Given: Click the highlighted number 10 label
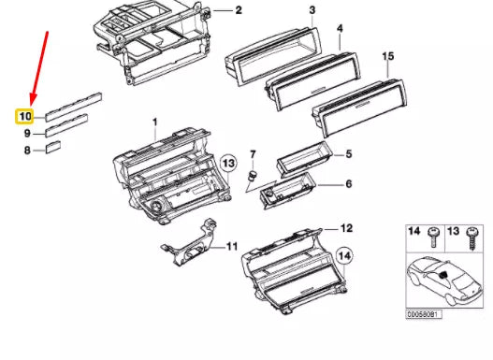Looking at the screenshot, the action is click(x=25, y=117).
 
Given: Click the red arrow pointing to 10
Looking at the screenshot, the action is click(x=39, y=68).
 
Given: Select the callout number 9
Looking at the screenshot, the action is click(x=28, y=133).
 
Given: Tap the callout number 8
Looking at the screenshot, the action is click(x=28, y=151).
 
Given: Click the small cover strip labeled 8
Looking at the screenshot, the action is click(x=53, y=148).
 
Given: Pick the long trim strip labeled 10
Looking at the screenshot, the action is click(x=74, y=107).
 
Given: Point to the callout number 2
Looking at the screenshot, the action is click(x=239, y=10).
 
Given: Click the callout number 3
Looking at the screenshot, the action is click(x=312, y=10).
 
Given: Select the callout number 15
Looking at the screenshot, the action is click(x=388, y=56).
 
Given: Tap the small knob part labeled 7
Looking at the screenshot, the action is click(x=252, y=175).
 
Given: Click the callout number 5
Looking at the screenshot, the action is click(x=349, y=154).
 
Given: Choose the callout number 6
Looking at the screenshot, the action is click(x=349, y=183).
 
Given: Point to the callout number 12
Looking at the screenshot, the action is click(x=346, y=228).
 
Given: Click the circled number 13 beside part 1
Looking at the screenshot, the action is click(x=228, y=164).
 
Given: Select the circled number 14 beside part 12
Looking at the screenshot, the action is click(x=344, y=256).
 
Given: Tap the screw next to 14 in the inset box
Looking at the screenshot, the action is click(x=433, y=237).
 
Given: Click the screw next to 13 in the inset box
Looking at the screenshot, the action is click(x=472, y=238).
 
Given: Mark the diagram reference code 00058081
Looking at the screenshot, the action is click(x=424, y=314).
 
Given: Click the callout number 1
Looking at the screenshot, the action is click(x=154, y=122).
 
